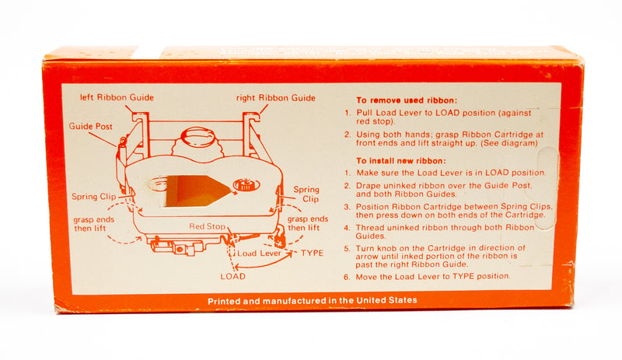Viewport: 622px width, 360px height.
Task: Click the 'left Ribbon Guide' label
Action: pos(117,97)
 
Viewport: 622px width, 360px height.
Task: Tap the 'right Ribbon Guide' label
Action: pos(276,98)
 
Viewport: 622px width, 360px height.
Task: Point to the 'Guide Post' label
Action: pos(90,126)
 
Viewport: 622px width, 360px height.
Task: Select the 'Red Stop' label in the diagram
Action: pos(207,226)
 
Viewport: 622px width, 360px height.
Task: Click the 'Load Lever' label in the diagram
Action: pos(259,253)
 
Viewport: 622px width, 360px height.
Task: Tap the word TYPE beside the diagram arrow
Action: pos(312,253)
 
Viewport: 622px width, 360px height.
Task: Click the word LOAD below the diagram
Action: pos(232,276)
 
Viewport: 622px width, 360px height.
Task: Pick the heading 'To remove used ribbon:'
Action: pos(407,100)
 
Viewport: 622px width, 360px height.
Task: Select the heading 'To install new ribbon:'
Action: pos(401,161)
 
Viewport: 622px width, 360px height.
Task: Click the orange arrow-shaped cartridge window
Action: pos(197,191)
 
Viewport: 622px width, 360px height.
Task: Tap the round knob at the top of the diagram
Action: pos(197,137)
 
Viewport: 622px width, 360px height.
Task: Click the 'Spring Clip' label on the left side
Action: pos(93,197)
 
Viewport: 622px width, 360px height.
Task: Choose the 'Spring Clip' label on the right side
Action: pos(306,194)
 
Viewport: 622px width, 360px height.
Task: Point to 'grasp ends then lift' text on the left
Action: pos(93,224)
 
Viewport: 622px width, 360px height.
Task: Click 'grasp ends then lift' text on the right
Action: pos(308,223)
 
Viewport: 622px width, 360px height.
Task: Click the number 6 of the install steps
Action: pos(347,277)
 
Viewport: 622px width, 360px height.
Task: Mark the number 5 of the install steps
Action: pos(347,249)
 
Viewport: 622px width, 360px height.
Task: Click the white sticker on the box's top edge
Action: pos(148,52)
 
